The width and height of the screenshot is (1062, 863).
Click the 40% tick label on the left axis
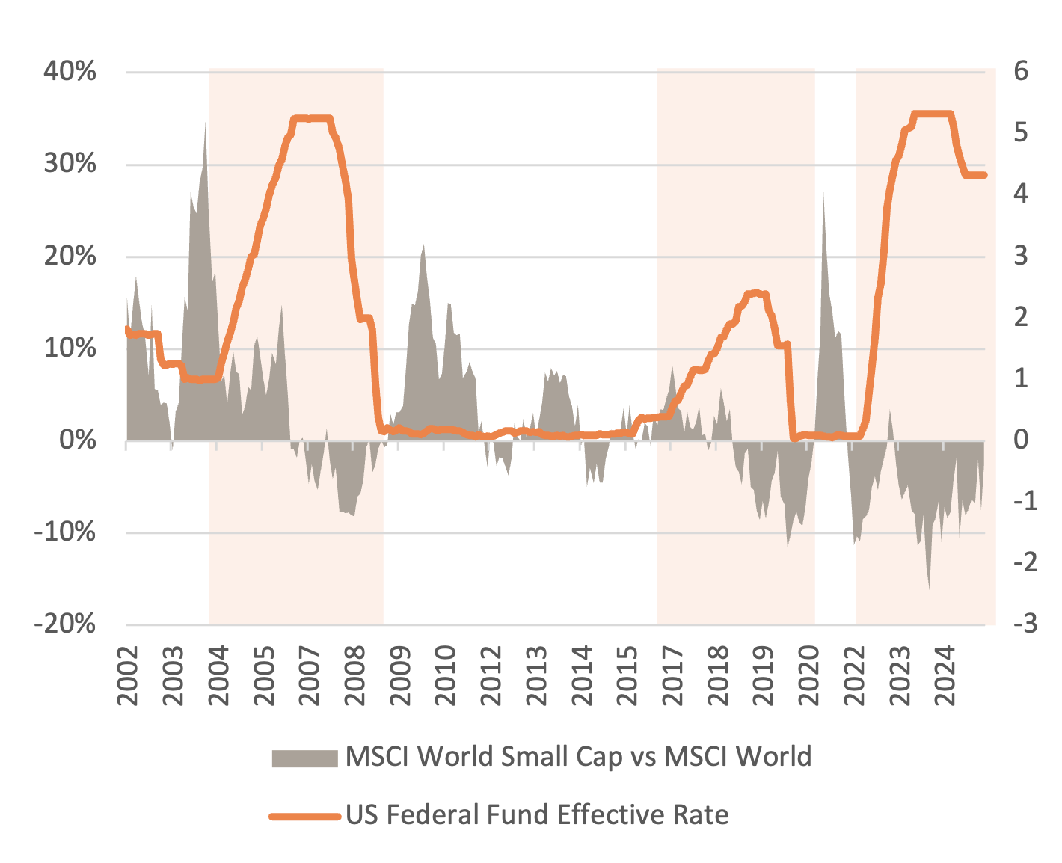tap(70, 72)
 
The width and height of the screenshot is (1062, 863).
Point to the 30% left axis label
tap(70, 164)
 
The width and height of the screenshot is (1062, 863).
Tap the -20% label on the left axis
tap(66, 624)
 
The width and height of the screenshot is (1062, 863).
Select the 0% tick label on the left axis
tap(78, 440)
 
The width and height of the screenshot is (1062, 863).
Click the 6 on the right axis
tap(1021, 72)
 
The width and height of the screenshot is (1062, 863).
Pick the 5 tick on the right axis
tap(1021, 133)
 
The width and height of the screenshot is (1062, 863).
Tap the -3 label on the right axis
tap(1025, 624)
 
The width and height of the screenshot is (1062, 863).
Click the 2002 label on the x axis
tap(128, 676)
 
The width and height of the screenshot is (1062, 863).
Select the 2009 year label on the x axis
tap(400, 676)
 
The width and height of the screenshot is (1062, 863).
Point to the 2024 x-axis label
tap(945, 676)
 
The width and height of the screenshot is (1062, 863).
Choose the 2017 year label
tap(672, 676)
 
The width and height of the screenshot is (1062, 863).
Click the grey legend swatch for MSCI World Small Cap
tap(304, 758)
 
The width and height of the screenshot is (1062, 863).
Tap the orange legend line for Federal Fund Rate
tap(304, 816)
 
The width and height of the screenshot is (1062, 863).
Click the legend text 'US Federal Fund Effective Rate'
tap(537, 814)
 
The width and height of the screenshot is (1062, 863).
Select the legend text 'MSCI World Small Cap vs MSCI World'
tap(578, 757)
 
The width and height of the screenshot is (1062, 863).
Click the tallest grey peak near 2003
tap(206, 124)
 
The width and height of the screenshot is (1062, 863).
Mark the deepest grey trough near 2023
tap(930, 589)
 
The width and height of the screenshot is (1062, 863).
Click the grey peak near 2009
tap(423, 245)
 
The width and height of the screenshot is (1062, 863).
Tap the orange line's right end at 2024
tap(985, 175)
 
